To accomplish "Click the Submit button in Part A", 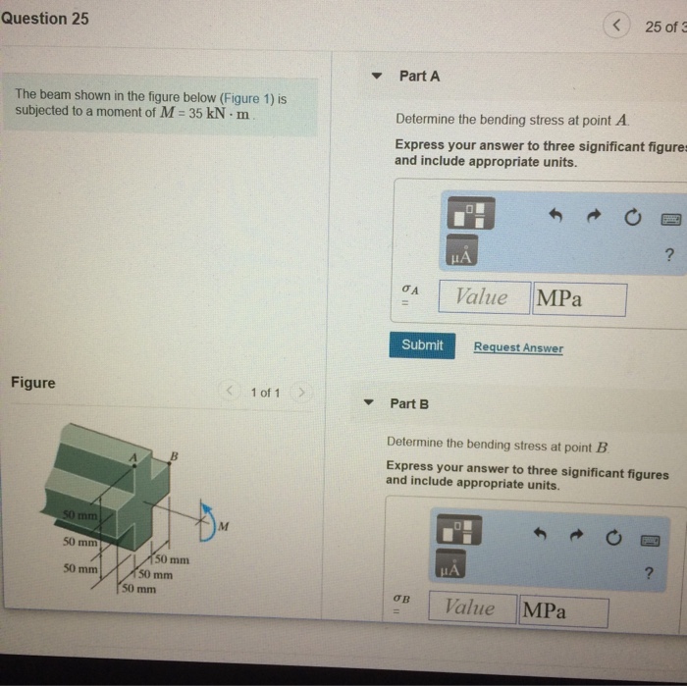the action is [x=422, y=345].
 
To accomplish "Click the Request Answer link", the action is [x=518, y=347].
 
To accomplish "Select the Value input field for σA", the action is [x=484, y=297].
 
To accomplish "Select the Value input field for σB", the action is [x=472, y=607].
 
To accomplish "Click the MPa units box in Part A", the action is [x=579, y=299].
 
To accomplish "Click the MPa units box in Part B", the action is [x=564, y=610].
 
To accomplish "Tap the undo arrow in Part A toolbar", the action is [x=555, y=215].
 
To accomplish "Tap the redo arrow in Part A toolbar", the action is [x=594, y=216].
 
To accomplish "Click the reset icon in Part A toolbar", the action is [x=632, y=217].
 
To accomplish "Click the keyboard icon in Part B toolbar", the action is [x=650, y=541].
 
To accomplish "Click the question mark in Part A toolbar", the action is [x=669, y=254].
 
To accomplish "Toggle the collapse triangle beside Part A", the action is [x=376, y=76].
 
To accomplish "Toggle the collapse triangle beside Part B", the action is [x=368, y=402].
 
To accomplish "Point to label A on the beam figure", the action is [x=133, y=457].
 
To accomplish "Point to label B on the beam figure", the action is [x=174, y=456].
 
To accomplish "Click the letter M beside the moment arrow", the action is [x=224, y=526].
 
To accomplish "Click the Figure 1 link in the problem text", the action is [x=247, y=98].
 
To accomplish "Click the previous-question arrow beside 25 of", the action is [x=616, y=25].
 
